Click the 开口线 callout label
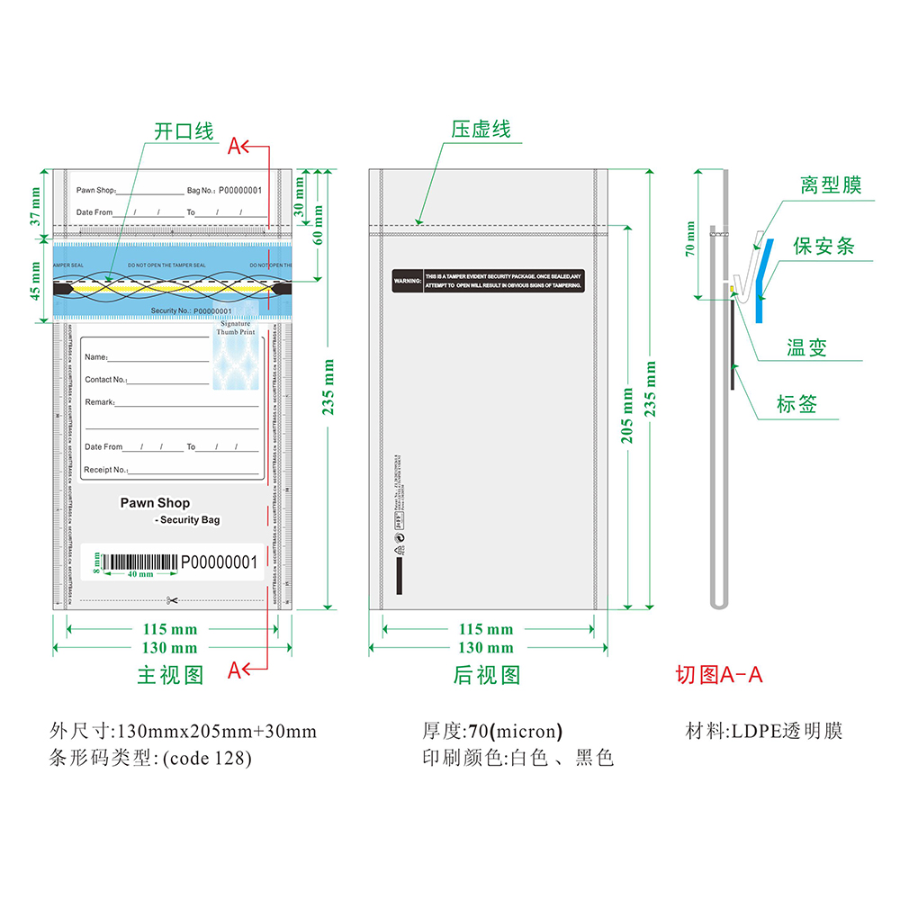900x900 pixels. click(x=184, y=131)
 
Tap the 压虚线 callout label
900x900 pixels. click(x=481, y=130)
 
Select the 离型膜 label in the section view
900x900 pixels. click(x=831, y=185)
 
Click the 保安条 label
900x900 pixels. click(x=823, y=246)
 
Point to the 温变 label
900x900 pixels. click(x=806, y=348)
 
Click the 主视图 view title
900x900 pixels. click(x=170, y=675)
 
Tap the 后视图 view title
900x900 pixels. click(x=486, y=675)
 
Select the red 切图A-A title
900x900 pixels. click(x=719, y=675)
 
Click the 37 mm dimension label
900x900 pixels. click(x=35, y=205)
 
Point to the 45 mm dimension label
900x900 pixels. click(x=35, y=280)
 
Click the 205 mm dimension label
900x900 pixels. click(x=627, y=414)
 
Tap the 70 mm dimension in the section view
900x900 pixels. click(x=690, y=239)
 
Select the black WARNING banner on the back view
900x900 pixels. click(x=488, y=280)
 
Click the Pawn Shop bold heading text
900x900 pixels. click(x=155, y=503)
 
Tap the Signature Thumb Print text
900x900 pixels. click(x=237, y=328)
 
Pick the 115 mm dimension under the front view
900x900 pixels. click(x=170, y=629)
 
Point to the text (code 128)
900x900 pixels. click(x=207, y=758)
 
